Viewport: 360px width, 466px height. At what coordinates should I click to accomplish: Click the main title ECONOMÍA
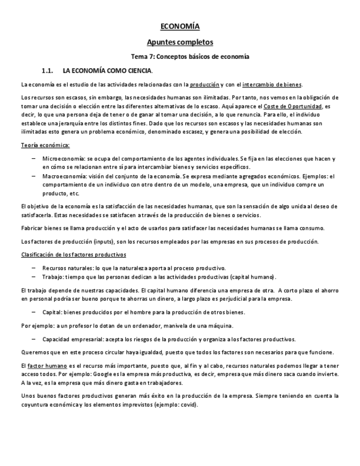pos(180,26)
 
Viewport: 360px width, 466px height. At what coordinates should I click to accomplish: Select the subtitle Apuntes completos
pos(180,42)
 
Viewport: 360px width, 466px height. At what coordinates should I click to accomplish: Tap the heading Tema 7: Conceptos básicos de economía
pos(190,57)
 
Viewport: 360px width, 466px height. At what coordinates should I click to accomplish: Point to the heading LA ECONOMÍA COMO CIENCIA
pos(108,71)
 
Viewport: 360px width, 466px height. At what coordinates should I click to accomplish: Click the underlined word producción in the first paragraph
pos(204,85)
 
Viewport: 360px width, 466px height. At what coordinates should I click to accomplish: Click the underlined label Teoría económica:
pos(45,145)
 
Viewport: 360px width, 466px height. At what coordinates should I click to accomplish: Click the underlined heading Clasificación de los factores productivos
pos(74,255)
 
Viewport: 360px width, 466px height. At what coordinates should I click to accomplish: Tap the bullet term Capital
pos(52,312)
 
